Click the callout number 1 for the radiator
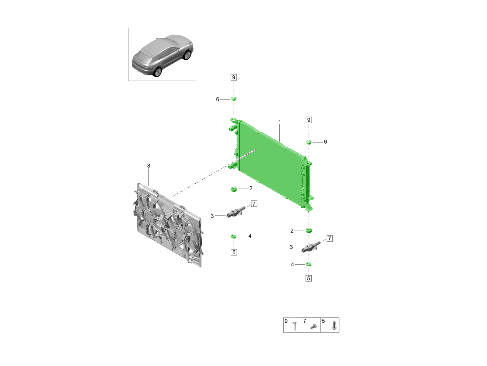tap(279, 122)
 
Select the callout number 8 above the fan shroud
tap(149, 166)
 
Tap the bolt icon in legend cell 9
tap(295, 326)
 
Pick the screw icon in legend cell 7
tap(313, 326)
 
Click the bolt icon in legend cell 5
tap(334, 325)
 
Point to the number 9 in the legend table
tap(286, 321)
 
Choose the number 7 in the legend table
tap(305, 321)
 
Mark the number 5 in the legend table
tap(323, 321)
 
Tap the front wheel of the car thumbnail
tap(187, 55)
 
